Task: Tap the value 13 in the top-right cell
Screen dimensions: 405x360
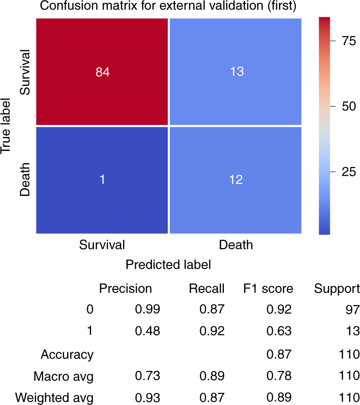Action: (x=235, y=71)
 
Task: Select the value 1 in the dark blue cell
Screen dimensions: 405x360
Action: (x=102, y=179)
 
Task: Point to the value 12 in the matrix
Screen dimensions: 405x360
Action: (x=235, y=179)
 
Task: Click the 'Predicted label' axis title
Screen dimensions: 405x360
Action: (x=168, y=264)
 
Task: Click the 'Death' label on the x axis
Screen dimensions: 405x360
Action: (x=235, y=245)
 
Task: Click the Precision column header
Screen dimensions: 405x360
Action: (x=126, y=288)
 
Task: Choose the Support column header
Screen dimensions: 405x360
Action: (x=337, y=288)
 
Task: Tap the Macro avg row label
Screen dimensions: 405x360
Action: (x=63, y=377)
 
